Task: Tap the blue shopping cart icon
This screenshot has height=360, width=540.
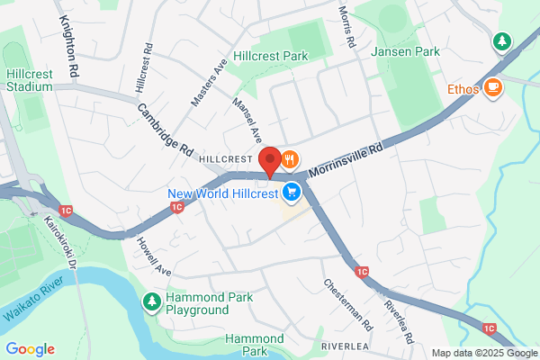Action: coord(292,192)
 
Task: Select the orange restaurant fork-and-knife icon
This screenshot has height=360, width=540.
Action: coord(289,160)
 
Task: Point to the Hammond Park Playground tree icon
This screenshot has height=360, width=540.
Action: coord(153,300)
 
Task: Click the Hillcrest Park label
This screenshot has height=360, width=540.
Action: coord(270,56)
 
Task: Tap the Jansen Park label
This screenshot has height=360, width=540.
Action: coord(406,52)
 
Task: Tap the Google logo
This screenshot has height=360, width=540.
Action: coord(30,349)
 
